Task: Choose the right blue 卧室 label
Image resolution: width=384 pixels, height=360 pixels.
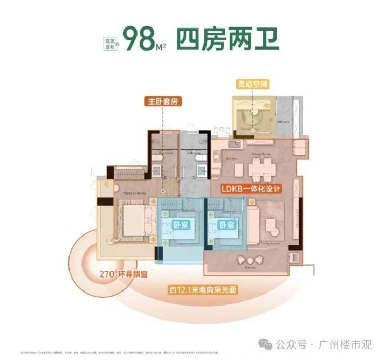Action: pos(227,226)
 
